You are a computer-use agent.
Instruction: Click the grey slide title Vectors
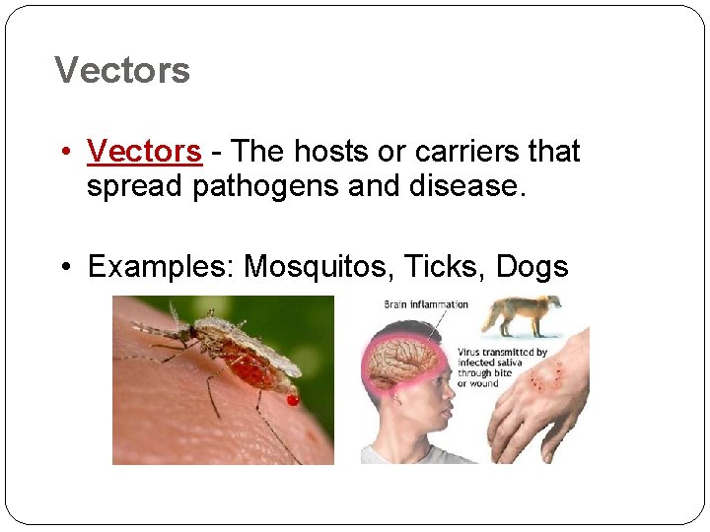[122, 71]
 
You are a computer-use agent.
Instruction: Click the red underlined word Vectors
[144, 152]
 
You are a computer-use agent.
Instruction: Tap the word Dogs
[532, 266]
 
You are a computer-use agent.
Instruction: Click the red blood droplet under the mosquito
[293, 399]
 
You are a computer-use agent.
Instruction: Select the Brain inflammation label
[426, 304]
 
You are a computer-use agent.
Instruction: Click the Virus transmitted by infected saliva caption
[502, 367]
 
